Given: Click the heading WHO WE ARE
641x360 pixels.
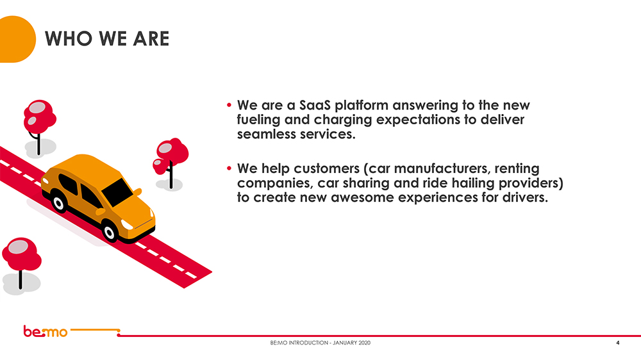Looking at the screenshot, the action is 107,39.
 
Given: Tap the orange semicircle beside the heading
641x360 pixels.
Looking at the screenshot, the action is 17,39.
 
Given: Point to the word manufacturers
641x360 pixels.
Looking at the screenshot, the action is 442,168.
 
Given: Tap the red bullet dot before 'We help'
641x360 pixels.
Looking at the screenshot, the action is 229,168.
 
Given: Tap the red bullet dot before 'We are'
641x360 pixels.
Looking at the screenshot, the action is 229,105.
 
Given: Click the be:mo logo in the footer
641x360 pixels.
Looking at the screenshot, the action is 45,331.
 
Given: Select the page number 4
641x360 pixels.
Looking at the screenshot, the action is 618,343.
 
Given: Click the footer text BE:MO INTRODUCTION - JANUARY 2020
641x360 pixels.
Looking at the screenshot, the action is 320,343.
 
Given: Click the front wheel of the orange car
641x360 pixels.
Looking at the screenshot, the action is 110,232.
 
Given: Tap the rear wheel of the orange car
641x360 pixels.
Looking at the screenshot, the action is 59,203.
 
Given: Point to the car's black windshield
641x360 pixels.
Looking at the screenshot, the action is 117,192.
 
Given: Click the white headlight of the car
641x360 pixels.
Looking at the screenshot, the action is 127,224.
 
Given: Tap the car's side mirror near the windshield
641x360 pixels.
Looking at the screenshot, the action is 137,192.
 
